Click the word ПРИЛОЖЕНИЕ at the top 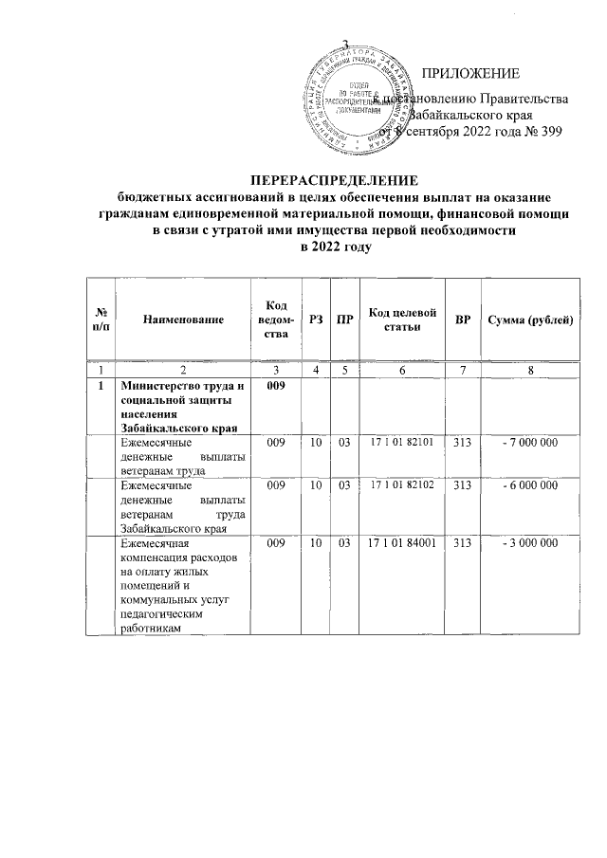[470, 74]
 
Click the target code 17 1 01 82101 [401, 442]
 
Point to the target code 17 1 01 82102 [401, 484]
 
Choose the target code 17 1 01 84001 [401, 543]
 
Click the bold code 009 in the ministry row [276, 387]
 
